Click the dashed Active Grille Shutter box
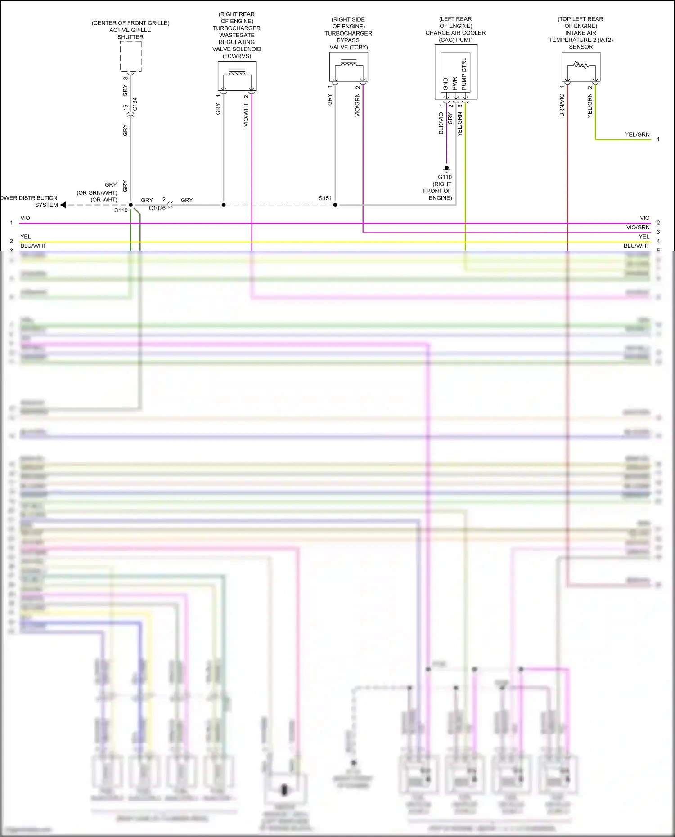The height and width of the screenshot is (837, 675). [x=130, y=56]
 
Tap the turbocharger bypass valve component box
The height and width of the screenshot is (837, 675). [x=349, y=67]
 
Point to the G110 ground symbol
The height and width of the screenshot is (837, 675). [x=446, y=169]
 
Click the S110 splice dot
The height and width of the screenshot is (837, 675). [x=131, y=205]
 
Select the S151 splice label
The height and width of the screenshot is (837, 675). [x=325, y=198]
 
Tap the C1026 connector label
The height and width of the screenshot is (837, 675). [x=157, y=208]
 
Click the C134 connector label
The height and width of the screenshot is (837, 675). [x=135, y=104]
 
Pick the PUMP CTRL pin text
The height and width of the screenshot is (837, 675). [x=464, y=73]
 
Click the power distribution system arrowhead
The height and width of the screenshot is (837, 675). [x=63, y=205]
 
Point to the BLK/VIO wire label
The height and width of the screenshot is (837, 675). [x=441, y=123]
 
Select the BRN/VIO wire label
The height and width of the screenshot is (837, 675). [x=562, y=105]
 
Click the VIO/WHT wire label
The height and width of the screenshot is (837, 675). [x=246, y=115]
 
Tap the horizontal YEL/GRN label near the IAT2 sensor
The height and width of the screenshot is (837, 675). [x=637, y=134]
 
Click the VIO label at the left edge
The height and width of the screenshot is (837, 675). [x=25, y=218]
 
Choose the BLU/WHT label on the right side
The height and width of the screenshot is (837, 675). [x=636, y=246]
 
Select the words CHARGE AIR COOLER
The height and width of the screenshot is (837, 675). [x=455, y=33]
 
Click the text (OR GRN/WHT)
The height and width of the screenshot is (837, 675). [x=97, y=192]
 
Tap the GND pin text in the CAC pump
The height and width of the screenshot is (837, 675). [x=445, y=84]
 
